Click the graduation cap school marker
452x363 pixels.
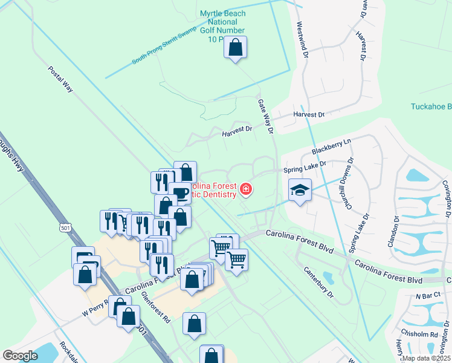300,191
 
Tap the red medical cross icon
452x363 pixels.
245,190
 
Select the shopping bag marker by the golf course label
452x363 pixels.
236,47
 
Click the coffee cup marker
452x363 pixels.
179,193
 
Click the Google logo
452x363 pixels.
20,356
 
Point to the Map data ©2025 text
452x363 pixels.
426,358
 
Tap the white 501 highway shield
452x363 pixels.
65,227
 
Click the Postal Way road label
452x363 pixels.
60,79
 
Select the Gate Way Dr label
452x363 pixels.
265,117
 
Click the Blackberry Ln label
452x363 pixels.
331,146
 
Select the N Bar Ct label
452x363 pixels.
426,297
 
